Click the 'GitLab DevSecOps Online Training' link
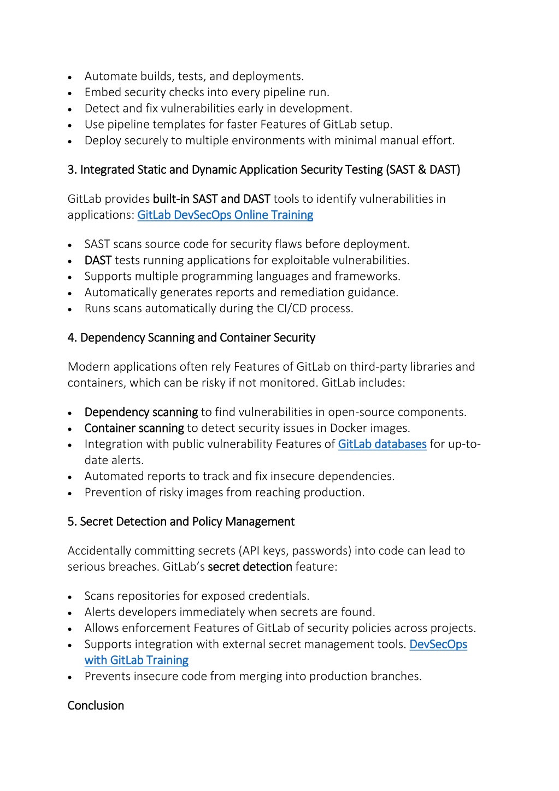[225, 215]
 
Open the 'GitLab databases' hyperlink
[382, 444]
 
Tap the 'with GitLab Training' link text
[137, 660]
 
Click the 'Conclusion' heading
[96, 706]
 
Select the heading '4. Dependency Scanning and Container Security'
[191, 338]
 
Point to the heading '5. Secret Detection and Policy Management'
[181, 522]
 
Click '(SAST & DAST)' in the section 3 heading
[423, 170]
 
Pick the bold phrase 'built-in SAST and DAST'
[211, 199]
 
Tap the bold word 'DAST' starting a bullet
[98, 260]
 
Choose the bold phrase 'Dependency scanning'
[141, 412]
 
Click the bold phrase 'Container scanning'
[134, 428]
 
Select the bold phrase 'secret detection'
[250, 567]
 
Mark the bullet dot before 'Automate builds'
[70, 77]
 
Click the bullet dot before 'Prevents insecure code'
[70, 677]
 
